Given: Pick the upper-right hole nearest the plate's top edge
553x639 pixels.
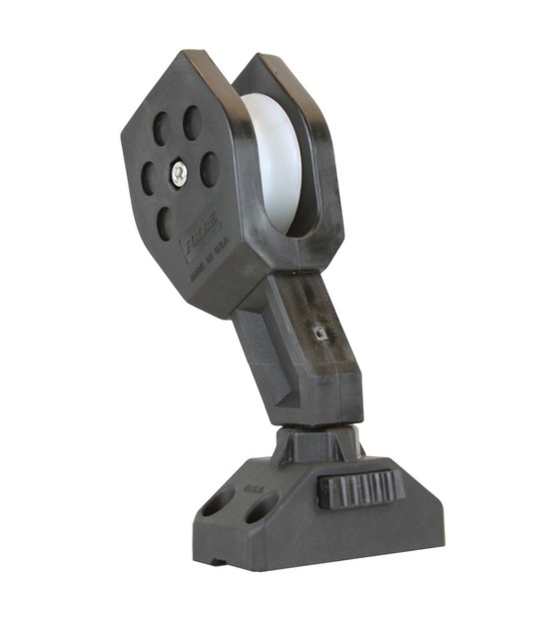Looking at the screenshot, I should pyautogui.click(x=193, y=122).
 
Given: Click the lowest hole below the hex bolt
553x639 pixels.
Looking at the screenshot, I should pyautogui.click(x=164, y=225).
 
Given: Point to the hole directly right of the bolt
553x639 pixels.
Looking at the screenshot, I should pyautogui.click(x=210, y=169).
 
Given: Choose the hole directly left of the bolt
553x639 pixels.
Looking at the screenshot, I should pyautogui.click(x=148, y=179).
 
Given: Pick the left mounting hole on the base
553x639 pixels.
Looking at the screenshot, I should pyautogui.click(x=217, y=501).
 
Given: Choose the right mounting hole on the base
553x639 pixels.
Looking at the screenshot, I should pyautogui.click(x=260, y=511).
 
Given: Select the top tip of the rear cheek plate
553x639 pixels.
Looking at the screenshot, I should pyautogui.click(x=262, y=62).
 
